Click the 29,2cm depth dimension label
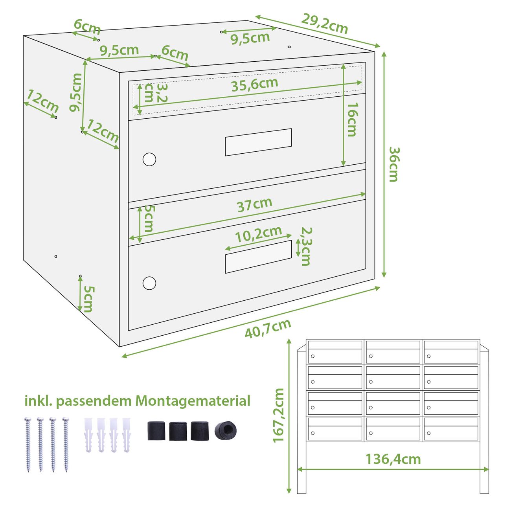[x=324, y=24]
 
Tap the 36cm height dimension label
[x=394, y=164]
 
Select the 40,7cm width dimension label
[x=268, y=328]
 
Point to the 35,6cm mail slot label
[x=255, y=85]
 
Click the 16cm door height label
[x=353, y=119]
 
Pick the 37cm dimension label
[x=255, y=205]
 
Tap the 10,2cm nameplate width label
[x=259, y=234]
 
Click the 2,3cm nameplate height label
[x=306, y=246]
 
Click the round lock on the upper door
[x=149, y=159]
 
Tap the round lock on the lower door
[x=149, y=283]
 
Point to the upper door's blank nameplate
[x=258, y=142]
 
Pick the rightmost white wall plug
[x=127, y=435]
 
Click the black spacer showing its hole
[x=225, y=431]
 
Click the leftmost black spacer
[x=156, y=431]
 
